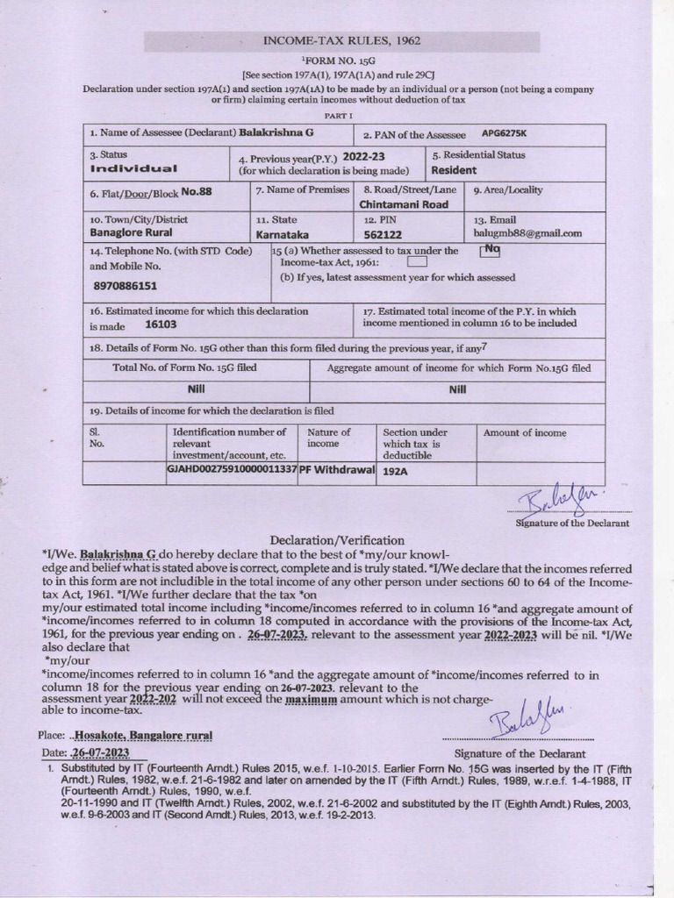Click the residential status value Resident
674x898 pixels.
pyautogui.click(x=454, y=170)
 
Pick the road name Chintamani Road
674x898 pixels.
pyautogui.click(x=404, y=204)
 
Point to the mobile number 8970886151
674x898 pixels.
pyautogui.click(x=125, y=286)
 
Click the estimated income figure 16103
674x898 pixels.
pyautogui.click(x=161, y=324)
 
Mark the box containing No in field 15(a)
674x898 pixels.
pyautogui.click(x=491, y=250)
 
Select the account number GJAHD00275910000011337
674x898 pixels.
pyautogui.click(x=232, y=470)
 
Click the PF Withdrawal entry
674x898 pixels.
pyautogui.click(x=338, y=470)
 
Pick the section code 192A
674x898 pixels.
pyautogui.click(x=398, y=470)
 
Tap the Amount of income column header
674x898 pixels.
pyautogui.click(x=524, y=432)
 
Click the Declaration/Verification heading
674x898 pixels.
pyautogui.click(x=325, y=540)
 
